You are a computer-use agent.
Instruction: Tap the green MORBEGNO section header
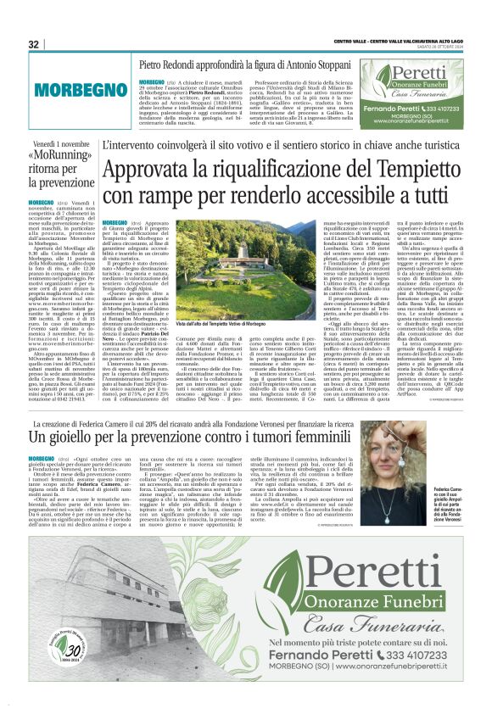[60, 88]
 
